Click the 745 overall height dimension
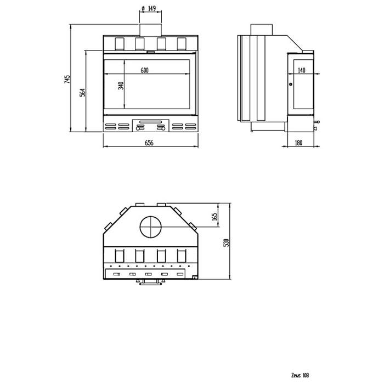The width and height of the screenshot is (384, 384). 67,79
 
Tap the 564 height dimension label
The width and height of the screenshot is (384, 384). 83,92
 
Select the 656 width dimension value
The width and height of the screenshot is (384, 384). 149,143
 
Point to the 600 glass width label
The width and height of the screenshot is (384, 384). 144,70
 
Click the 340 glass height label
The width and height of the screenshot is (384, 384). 121,86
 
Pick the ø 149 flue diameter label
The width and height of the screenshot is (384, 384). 149,9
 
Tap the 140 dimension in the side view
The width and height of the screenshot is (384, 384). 302,70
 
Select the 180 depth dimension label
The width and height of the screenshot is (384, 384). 298,143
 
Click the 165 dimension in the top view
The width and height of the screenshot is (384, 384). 215,217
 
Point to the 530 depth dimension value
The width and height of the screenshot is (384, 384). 227,242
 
